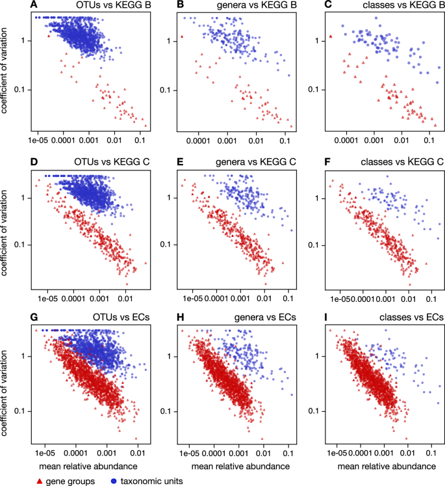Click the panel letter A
33,6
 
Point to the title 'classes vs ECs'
412,317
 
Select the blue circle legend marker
114,479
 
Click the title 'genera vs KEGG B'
258,6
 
